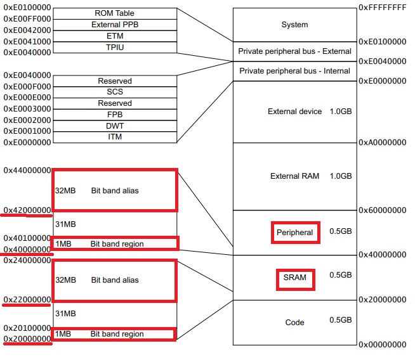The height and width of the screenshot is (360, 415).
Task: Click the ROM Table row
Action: point(115,13)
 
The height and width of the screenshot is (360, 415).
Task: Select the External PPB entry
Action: point(115,24)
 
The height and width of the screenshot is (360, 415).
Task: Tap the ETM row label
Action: point(115,35)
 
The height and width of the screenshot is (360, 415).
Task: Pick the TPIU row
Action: point(115,47)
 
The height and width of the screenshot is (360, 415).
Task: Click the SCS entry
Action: point(115,92)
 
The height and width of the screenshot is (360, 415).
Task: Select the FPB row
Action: point(115,115)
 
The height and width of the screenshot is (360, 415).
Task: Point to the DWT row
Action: point(115,126)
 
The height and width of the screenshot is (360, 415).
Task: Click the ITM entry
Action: point(115,137)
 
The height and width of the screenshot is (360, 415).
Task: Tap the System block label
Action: point(294,25)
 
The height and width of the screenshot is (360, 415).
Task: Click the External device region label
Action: point(295,112)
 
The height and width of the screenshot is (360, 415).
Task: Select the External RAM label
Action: point(294,176)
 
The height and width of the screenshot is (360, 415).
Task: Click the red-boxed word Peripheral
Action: point(295,233)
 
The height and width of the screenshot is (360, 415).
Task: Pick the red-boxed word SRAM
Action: point(295,277)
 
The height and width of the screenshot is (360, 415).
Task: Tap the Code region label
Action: point(295,323)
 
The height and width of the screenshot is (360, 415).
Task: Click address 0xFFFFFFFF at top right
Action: point(382,7)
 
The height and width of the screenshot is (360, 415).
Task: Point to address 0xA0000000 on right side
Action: point(382,143)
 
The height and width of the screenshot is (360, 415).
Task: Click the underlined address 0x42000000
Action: point(27,210)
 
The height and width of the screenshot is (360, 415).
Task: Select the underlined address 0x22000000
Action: point(27,299)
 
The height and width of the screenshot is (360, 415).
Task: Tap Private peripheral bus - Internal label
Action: point(294,71)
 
